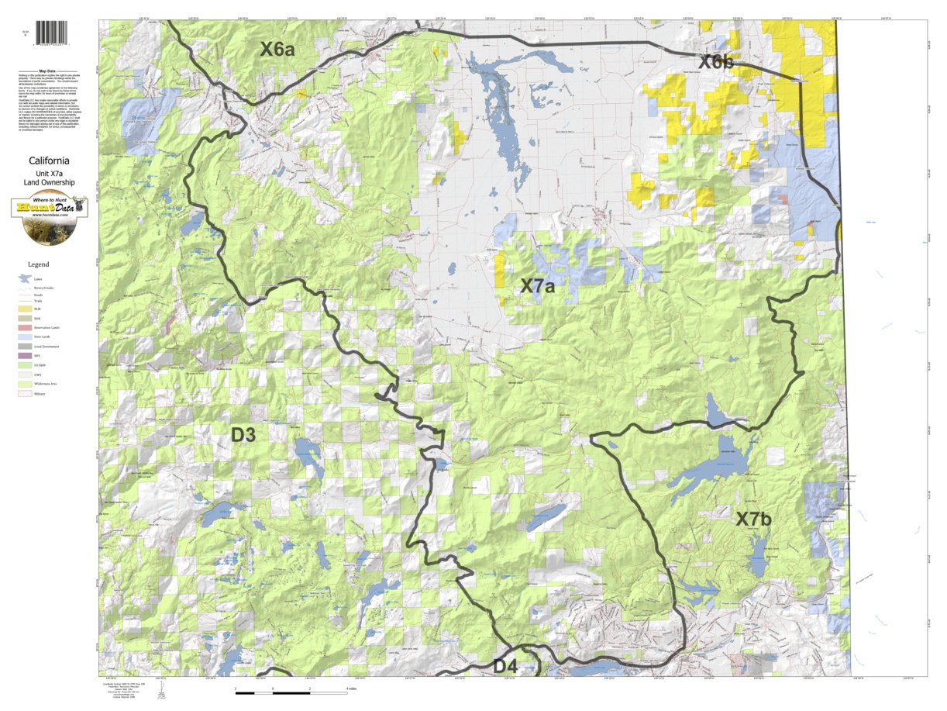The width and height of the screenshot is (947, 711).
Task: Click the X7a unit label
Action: click(537, 286)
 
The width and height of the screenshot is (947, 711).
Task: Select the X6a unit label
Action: click(277, 50)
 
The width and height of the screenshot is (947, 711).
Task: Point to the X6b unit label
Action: click(716, 62)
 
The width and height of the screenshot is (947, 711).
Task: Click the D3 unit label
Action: click(243, 435)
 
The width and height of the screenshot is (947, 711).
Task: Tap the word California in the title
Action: click(49, 161)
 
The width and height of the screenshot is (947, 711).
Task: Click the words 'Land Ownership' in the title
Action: click(49, 182)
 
